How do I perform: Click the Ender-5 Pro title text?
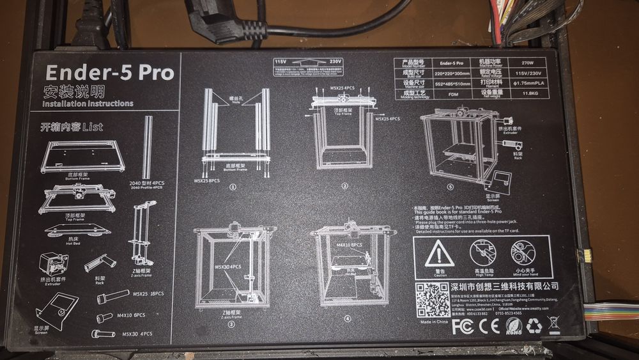click(108, 72)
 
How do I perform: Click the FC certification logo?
click(463, 326)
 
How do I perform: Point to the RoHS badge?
click(513, 326)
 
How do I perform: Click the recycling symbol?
click(534, 326)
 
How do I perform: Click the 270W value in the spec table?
click(527, 63)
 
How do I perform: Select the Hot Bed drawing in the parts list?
click(68, 228)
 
